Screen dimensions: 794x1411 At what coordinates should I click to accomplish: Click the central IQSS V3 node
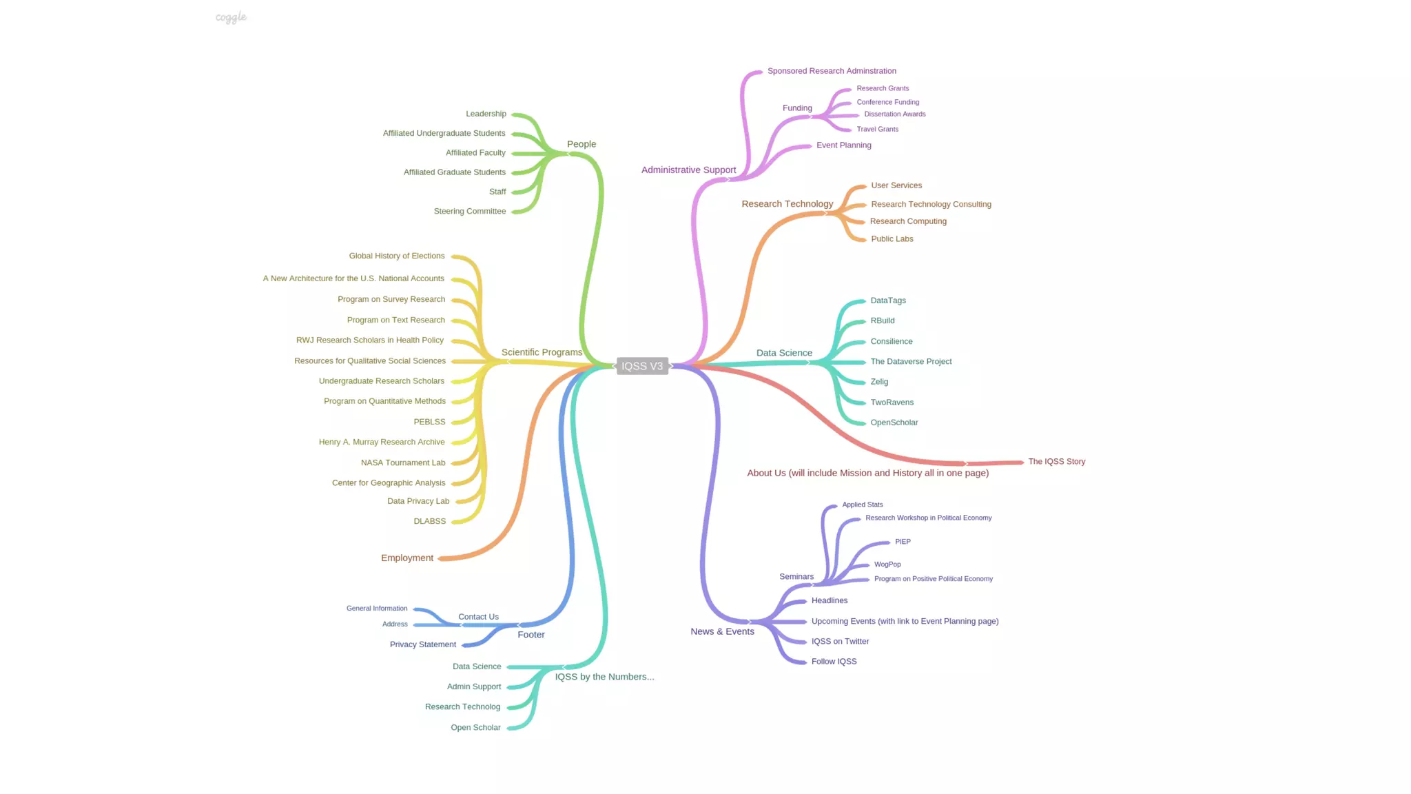642,366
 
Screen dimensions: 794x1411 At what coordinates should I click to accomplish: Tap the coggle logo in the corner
231,17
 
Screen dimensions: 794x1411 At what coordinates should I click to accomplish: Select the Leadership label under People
486,114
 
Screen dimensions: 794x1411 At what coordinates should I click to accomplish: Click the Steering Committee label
470,212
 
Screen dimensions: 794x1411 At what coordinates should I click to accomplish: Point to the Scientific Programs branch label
542,352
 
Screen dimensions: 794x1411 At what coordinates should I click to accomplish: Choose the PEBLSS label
429,422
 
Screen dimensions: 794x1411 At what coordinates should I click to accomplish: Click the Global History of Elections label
397,256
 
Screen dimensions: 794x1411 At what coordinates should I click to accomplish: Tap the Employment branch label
407,558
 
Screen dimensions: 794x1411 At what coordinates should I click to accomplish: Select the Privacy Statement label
423,644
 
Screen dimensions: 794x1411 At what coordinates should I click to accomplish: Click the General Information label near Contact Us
377,609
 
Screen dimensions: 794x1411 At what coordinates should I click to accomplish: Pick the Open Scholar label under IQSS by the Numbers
475,728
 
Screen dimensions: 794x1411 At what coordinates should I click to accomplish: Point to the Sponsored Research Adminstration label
832,71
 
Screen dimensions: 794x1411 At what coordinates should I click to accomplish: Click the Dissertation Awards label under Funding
895,114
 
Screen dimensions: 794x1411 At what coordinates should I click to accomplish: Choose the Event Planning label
844,145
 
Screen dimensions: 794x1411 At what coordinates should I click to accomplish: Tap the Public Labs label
892,239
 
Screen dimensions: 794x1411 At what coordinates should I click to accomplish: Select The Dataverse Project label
911,362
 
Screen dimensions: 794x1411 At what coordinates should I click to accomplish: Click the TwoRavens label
892,403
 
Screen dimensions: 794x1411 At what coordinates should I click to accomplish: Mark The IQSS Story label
1057,462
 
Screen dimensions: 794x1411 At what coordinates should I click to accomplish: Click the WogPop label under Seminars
887,564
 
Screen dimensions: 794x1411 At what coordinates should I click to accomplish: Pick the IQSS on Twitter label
841,642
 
